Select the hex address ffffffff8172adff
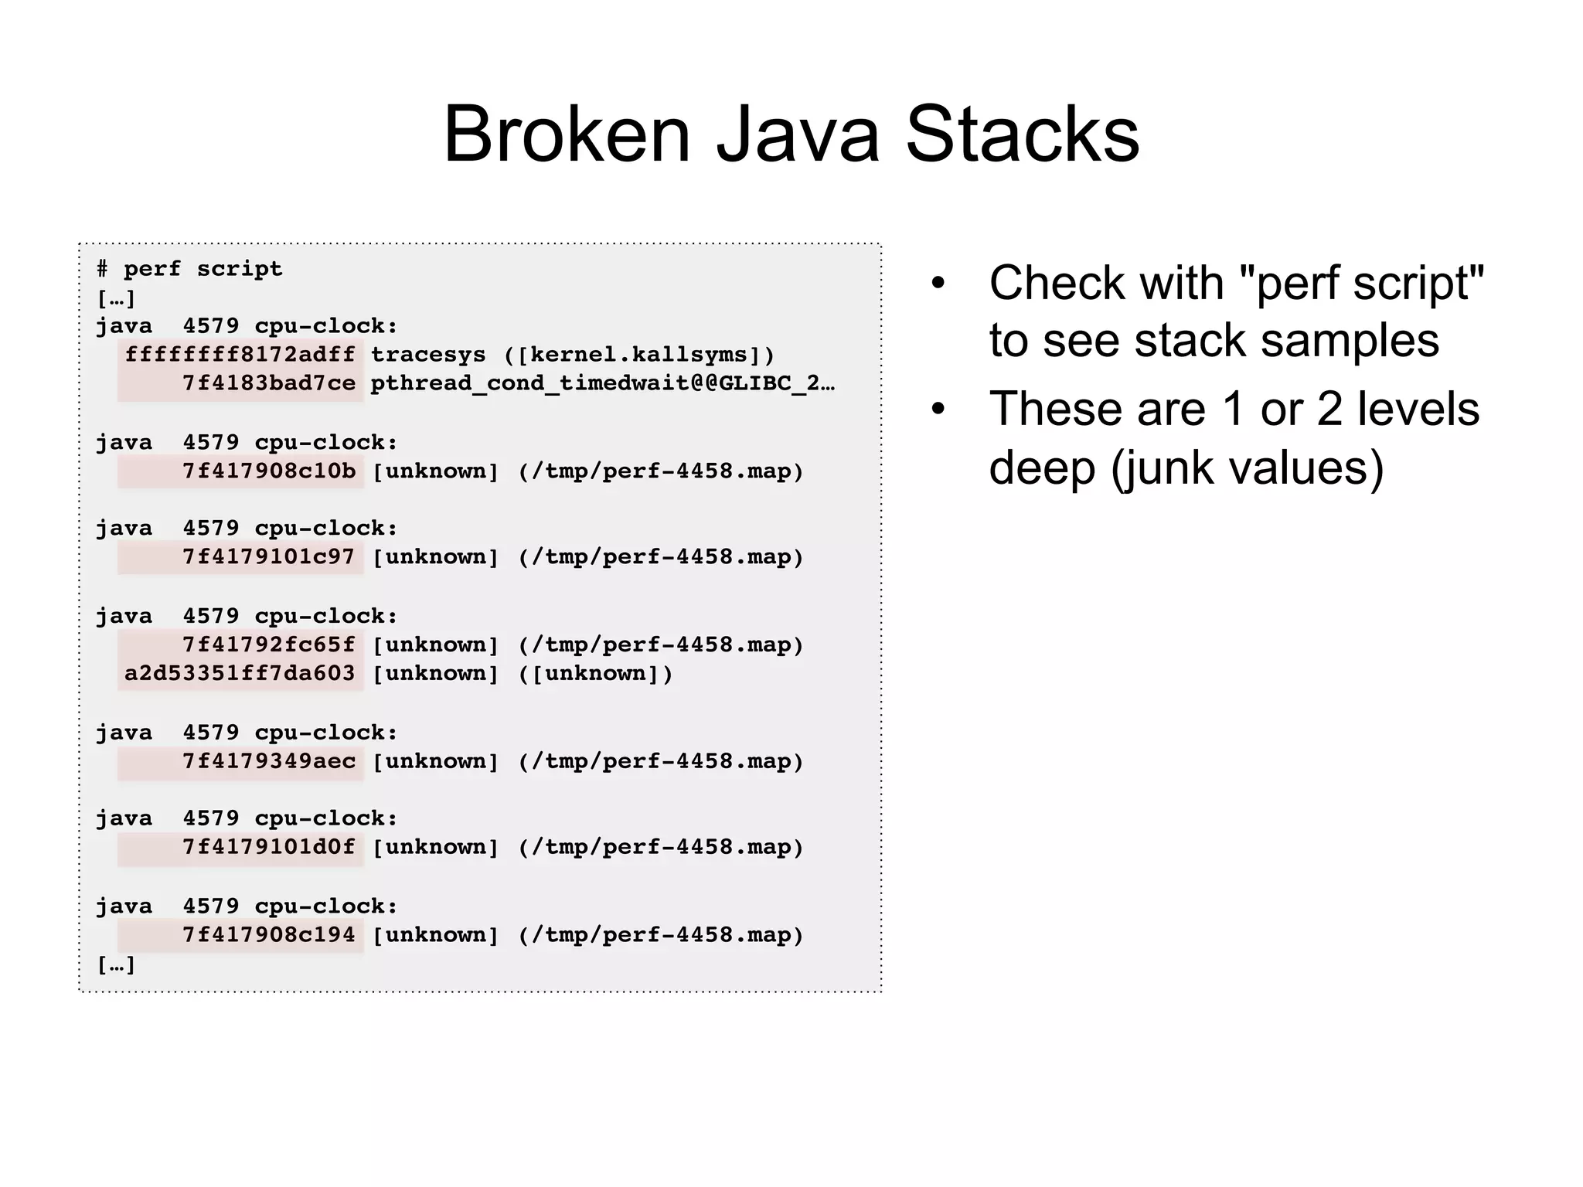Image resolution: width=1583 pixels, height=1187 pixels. [240, 355]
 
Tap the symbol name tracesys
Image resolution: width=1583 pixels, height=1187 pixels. [428, 355]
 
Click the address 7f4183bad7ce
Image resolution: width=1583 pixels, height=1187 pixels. [268, 383]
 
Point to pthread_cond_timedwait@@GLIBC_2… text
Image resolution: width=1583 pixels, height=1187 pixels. [602, 383]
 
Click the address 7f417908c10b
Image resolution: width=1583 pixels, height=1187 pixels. [268, 471]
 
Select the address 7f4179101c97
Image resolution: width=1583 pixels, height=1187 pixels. [268, 557]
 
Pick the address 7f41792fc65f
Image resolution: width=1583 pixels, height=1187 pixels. [268, 645]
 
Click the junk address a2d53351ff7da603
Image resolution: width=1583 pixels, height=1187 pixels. [240, 673]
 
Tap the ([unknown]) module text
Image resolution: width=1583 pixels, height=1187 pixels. [595, 673]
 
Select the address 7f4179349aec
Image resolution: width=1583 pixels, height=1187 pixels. [268, 761]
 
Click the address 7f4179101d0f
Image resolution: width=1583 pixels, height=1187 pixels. [268, 847]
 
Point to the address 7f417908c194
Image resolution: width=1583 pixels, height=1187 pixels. [268, 935]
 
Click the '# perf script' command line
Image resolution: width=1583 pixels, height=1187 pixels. [189, 269]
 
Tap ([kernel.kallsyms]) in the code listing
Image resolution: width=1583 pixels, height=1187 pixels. [638, 355]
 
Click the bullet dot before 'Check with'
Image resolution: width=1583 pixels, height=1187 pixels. [938, 283]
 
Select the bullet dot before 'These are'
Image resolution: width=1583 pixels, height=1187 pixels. [938, 409]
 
